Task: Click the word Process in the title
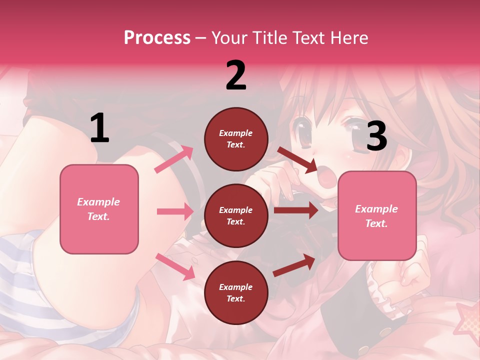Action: pyautogui.click(x=157, y=38)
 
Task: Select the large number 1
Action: pyautogui.click(x=99, y=128)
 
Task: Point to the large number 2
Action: pyautogui.click(x=235, y=75)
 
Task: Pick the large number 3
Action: pyautogui.click(x=376, y=136)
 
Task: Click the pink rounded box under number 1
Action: pyautogui.click(x=99, y=209)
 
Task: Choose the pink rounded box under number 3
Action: pyautogui.click(x=377, y=216)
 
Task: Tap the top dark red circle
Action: pyautogui.click(x=236, y=139)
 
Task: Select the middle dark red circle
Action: pyautogui.click(x=236, y=215)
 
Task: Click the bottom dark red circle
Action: pyautogui.click(x=236, y=292)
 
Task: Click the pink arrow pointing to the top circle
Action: pyautogui.click(x=174, y=159)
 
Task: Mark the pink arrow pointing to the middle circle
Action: pyautogui.click(x=175, y=211)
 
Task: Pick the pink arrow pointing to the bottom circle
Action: pyautogui.click(x=175, y=266)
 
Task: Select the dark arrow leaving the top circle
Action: pyautogui.click(x=297, y=160)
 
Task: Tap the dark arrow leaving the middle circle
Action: pyautogui.click(x=295, y=210)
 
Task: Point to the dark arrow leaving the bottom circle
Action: pyautogui.click(x=294, y=265)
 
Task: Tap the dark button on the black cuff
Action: pyautogui.click(x=385, y=332)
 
